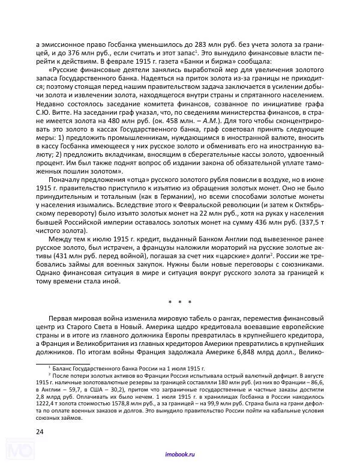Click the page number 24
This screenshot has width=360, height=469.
(x=40, y=431)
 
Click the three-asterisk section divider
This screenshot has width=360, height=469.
(x=179, y=301)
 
